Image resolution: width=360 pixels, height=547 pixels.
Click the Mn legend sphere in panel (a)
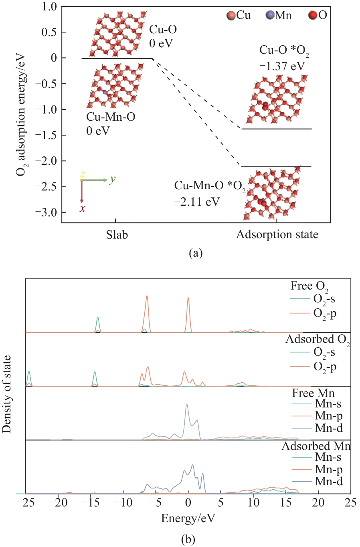(269, 16)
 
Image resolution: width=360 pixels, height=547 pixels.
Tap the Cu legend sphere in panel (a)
(231, 16)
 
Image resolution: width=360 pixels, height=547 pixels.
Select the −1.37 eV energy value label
(282, 66)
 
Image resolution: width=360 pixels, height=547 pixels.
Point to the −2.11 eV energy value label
(197, 201)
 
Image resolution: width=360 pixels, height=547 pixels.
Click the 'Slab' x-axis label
(117, 235)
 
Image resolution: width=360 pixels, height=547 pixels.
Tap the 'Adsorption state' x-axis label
(277, 235)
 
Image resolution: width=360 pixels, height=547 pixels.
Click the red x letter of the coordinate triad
(82, 209)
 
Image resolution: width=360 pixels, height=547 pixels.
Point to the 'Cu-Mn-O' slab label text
(111, 117)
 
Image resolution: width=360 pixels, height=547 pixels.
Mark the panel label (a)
(195, 253)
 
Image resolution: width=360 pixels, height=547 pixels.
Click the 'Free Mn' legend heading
(313, 393)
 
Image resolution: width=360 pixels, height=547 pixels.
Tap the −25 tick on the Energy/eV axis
(26, 502)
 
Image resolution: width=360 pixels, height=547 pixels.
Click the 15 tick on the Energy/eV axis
(286, 502)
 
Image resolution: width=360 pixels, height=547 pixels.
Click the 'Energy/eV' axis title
(188, 518)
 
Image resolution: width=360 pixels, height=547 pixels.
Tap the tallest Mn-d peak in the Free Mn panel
(186, 405)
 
